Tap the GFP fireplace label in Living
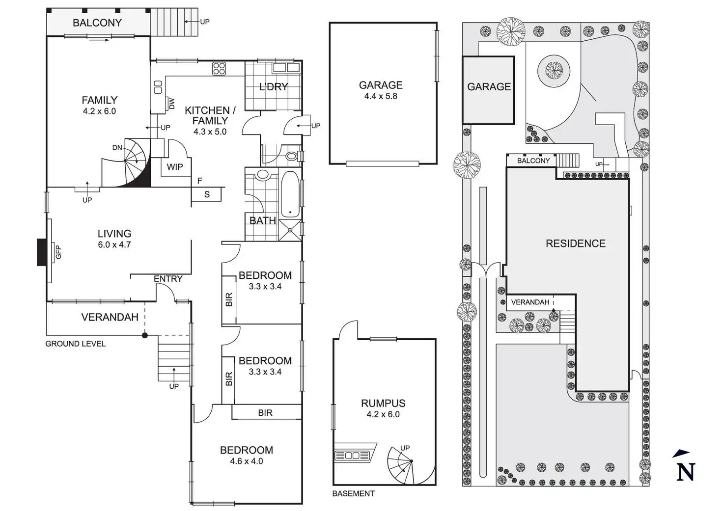tap(58, 252)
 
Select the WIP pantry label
tap(174, 167)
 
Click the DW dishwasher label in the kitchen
tap(171, 104)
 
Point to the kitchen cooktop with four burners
tap(219, 68)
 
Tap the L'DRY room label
tap(273, 87)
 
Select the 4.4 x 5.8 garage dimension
tap(381, 96)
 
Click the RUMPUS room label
tap(383, 403)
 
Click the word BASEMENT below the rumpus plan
tap(353, 493)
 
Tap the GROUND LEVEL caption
tap(75, 344)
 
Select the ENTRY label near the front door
tap(168, 279)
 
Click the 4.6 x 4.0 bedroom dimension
tap(246, 461)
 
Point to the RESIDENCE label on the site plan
tap(575, 243)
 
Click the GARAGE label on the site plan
tap(489, 87)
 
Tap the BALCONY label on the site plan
tap(533, 161)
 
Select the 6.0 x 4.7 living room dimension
tap(114, 244)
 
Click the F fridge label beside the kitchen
tap(200, 181)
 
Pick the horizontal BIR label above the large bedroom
tap(265, 413)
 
